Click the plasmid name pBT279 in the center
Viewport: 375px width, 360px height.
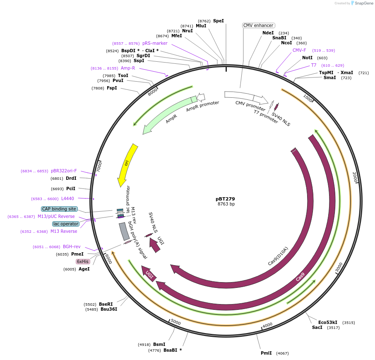click(225, 199)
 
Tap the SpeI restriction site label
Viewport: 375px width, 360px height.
click(218, 21)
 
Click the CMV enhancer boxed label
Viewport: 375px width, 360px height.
click(258, 25)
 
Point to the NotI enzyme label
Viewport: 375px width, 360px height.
click(308, 58)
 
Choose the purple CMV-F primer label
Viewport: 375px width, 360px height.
click(299, 51)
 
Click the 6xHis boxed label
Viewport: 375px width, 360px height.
click(82, 261)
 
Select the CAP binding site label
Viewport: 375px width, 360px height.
click(59, 209)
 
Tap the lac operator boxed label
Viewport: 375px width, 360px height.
click(65, 224)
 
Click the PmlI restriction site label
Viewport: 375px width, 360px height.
click(266, 353)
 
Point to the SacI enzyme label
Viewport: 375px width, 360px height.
click(317, 327)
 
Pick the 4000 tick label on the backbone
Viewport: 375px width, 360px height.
click(267, 324)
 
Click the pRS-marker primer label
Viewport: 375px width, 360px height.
click(155, 43)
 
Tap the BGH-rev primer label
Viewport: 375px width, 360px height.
click(72, 247)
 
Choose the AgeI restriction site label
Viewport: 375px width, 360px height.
click(84, 269)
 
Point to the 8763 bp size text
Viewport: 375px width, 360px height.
click(226, 204)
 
